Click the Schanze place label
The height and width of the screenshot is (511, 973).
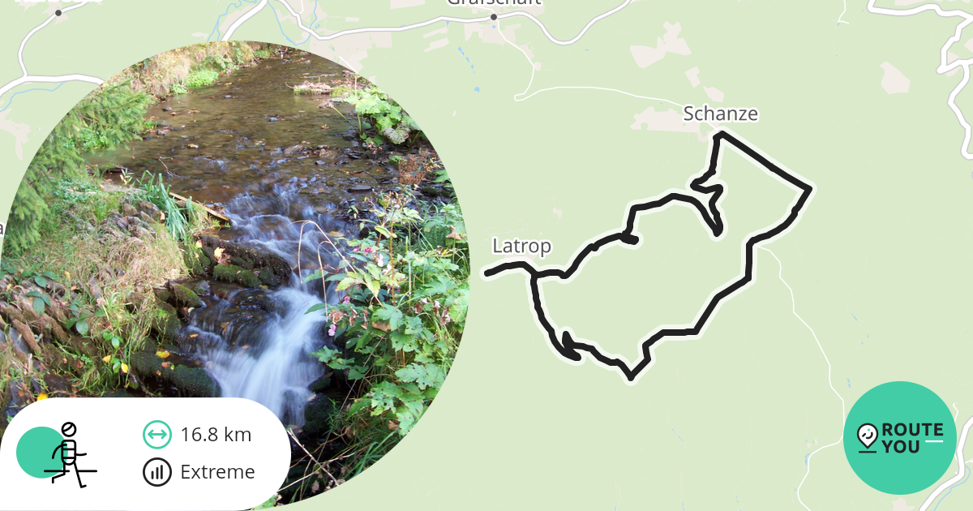(720, 114)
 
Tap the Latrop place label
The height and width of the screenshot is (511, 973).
(521, 246)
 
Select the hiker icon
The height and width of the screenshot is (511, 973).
(69, 454)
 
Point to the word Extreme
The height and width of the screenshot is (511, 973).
(217, 472)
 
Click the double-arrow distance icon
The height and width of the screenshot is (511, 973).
(156, 435)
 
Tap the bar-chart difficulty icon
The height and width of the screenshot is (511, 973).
(156, 472)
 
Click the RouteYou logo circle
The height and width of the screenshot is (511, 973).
(900, 438)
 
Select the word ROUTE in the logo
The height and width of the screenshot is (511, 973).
(912, 430)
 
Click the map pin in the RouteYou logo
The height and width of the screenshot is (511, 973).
(868, 436)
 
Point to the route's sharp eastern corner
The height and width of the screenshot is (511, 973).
(809, 189)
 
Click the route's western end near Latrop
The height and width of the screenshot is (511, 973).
(487, 273)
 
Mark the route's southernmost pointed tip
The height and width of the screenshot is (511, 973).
(631, 377)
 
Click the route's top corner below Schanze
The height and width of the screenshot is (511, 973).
(718, 135)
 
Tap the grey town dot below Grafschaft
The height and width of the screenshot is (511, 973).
(493, 17)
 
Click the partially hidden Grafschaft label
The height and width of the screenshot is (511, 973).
(493, 2)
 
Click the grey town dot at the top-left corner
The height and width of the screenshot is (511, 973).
(58, 13)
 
